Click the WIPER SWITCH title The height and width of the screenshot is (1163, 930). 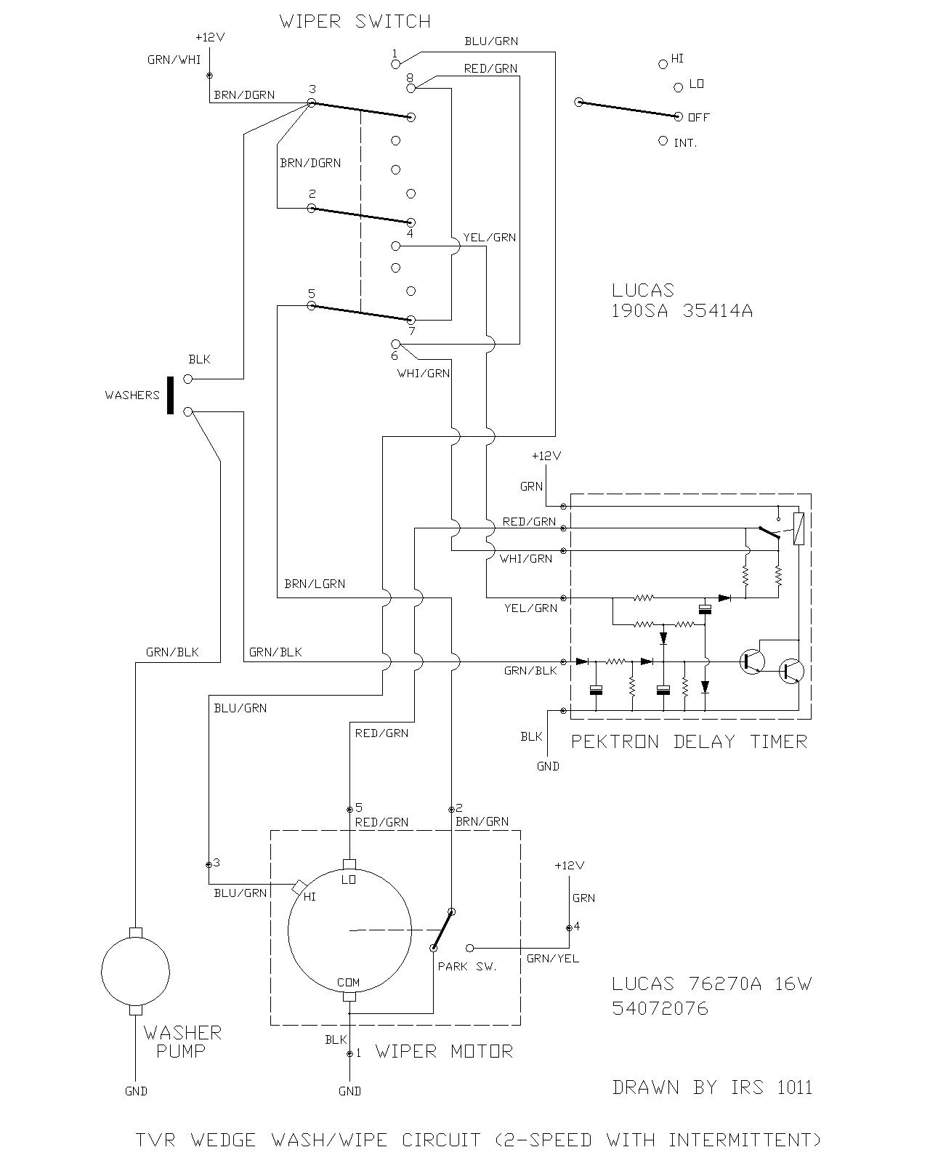pyautogui.click(x=355, y=22)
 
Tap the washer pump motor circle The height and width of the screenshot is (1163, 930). pyautogui.click(x=135, y=971)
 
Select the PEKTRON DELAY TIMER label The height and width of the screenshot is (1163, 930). pyautogui.click(x=689, y=741)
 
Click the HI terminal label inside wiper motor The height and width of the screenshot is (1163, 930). pyautogui.click(x=310, y=897)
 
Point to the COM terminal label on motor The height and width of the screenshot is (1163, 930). pyautogui.click(x=349, y=983)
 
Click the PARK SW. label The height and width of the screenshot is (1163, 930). pyautogui.click(x=467, y=967)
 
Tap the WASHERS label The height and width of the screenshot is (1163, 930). pyautogui.click(x=132, y=395)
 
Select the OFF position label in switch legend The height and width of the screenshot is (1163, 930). pyautogui.click(x=698, y=117)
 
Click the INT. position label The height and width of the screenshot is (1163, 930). pyautogui.click(x=685, y=143)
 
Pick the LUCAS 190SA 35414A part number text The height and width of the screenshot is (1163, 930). pyautogui.click(x=682, y=301)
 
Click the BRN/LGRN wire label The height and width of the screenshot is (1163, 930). pyautogui.click(x=315, y=584)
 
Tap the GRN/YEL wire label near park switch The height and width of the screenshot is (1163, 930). pyautogui.click(x=553, y=959)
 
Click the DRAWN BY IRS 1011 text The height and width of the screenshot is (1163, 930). pyautogui.click(x=712, y=1087)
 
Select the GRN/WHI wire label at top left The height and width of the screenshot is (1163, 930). pyautogui.click(x=174, y=60)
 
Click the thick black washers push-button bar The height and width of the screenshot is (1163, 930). pyautogui.click(x=170, y=395)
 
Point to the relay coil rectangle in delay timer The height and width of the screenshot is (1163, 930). pyautogui.click(x=799, y=529)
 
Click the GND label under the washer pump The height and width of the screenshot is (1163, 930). pyautogui.click(x=136, y=1091)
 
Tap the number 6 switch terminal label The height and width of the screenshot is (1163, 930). pyautogui.click(x=395, y=355)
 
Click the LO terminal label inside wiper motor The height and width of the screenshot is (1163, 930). pyautogui.click(x=349, y=880)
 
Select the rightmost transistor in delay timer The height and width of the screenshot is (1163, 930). pyautogui.click(x=790, y=672)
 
